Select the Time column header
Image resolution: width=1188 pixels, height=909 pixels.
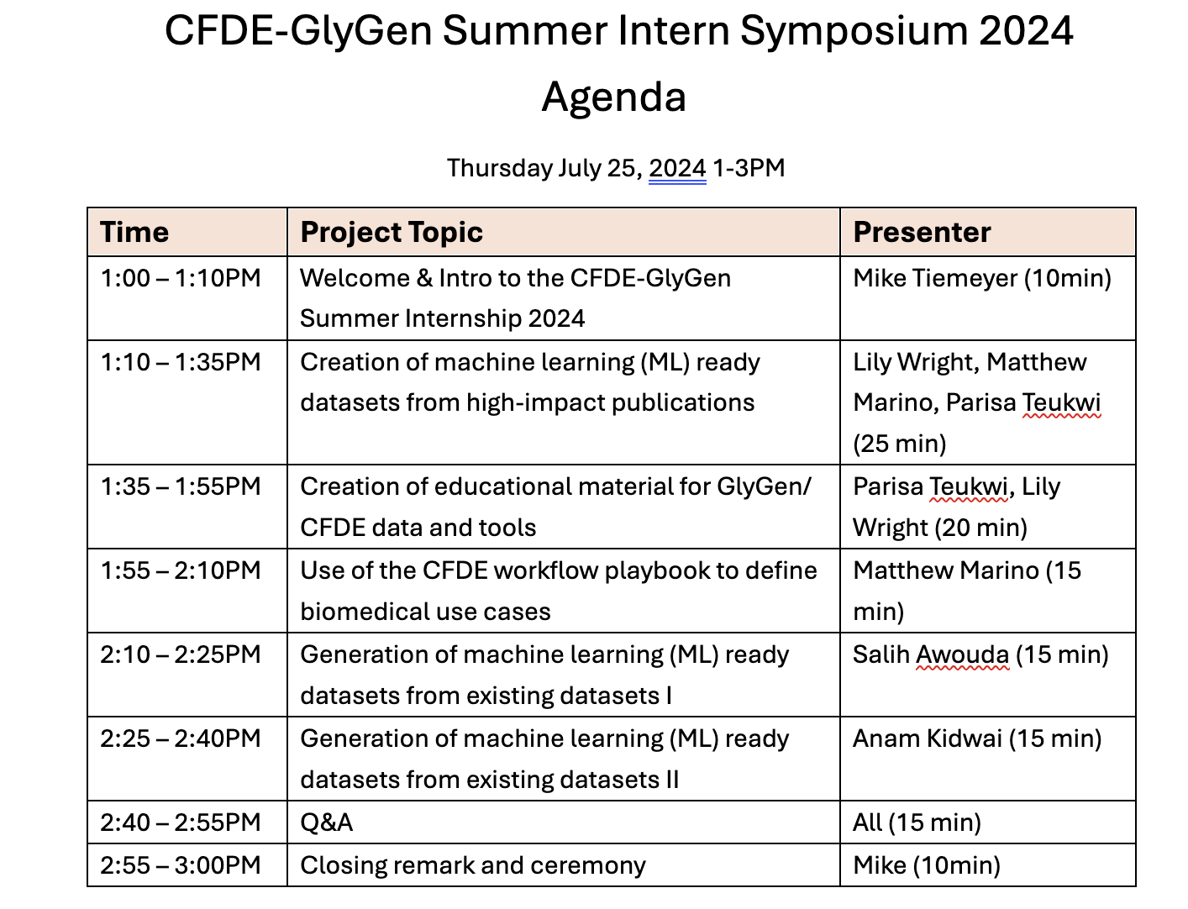(x=134, y=232)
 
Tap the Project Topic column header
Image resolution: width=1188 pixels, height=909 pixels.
(x=392, y=233)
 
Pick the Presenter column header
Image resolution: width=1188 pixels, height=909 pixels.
(x=922, y=232)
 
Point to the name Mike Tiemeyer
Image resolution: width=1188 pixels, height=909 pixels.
(x=935, y=279)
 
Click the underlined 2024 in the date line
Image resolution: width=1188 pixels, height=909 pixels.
(x=677, y=168)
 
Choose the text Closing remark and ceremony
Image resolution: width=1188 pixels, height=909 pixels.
(x=473, y=865)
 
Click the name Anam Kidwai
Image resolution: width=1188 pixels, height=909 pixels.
(x=927, y=738)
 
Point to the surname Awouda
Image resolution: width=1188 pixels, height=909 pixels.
(x=962, y=654)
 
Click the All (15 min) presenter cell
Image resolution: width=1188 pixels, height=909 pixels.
(x=917, y=822)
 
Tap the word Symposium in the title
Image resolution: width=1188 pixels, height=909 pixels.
(x=854, y=31)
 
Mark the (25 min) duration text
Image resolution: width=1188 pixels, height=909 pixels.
(x=900, y=444)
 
